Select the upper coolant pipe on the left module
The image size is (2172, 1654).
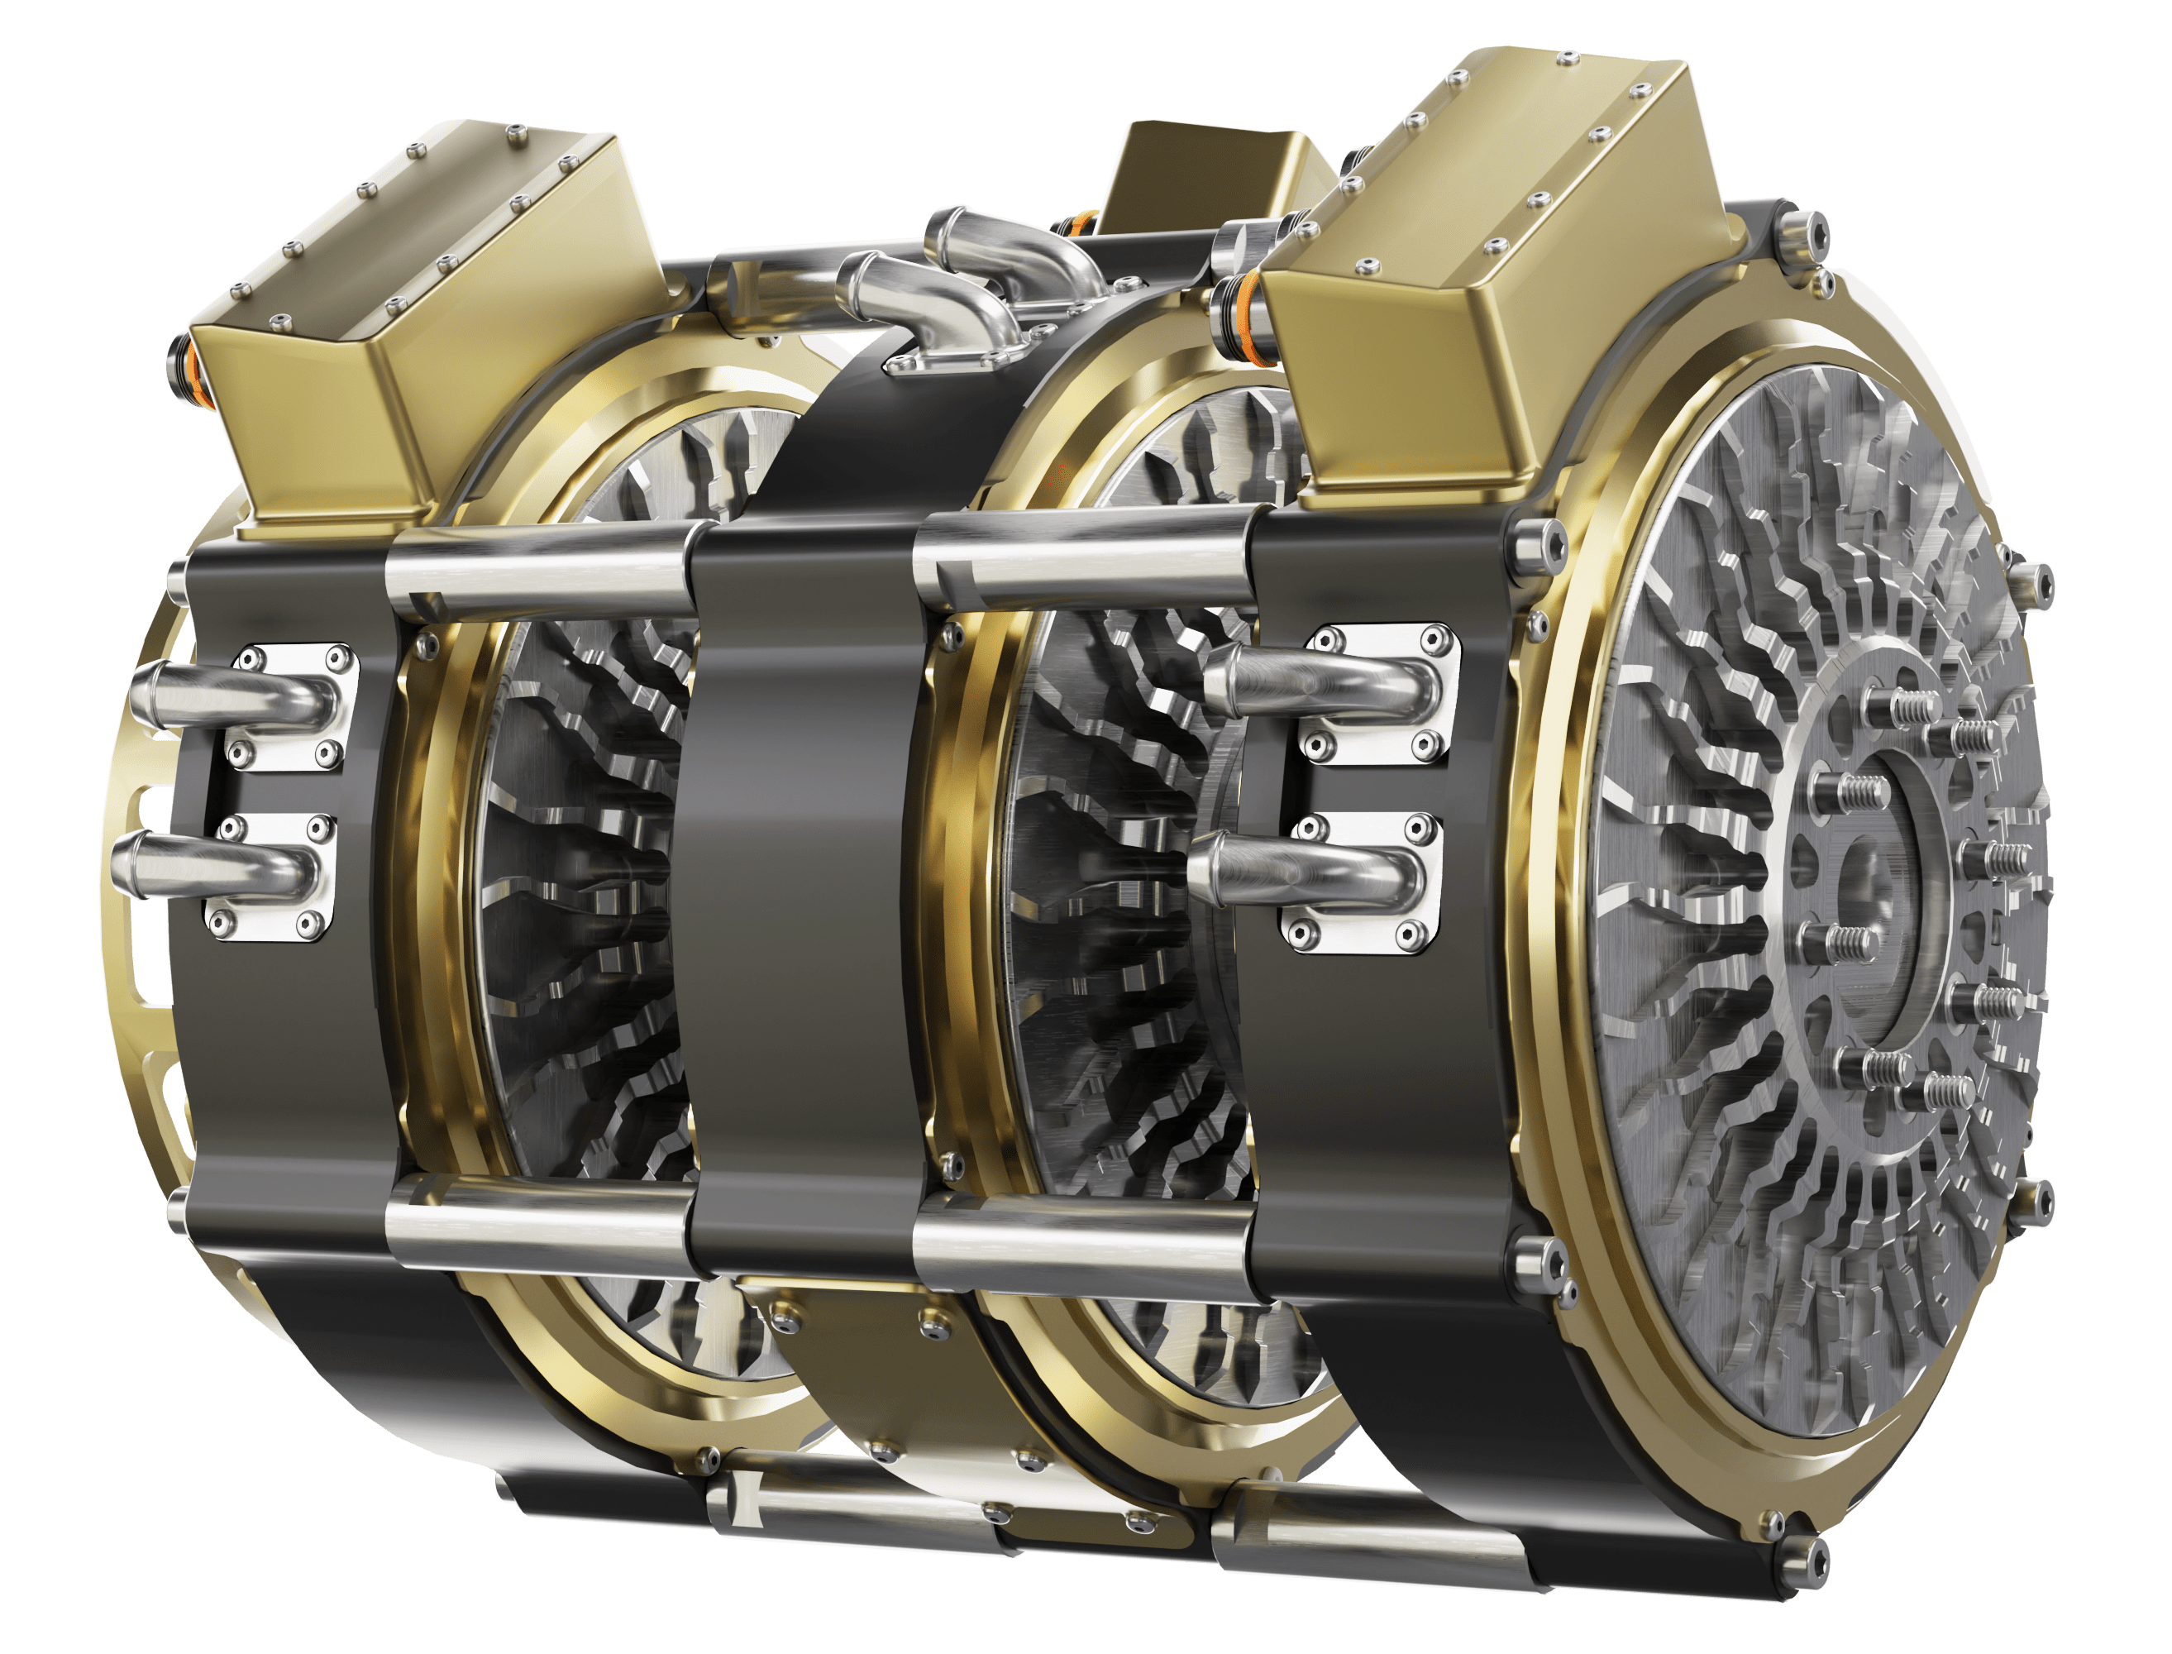click(x=232, y=688)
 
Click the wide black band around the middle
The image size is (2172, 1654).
click(x=797, y=886)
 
